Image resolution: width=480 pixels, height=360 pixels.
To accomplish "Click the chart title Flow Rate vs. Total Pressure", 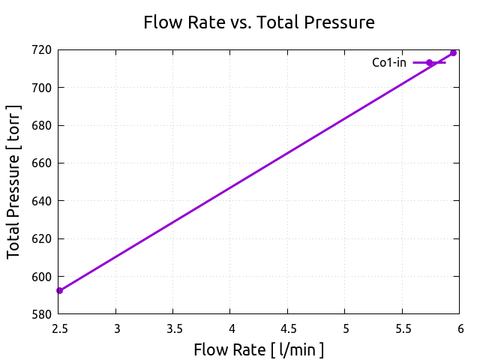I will coord(259,22).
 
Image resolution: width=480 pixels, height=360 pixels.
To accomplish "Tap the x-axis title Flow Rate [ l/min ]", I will coord(259,349).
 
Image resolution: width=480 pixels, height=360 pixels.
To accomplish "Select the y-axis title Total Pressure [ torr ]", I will coord(14,182).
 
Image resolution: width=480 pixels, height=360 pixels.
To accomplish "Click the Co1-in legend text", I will coord(389,62).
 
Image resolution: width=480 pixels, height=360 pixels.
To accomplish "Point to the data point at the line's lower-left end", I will coord(59,290).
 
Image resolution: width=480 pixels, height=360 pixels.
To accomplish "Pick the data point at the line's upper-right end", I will coord(453,52).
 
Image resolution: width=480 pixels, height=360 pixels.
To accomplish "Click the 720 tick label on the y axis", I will coord(42,50).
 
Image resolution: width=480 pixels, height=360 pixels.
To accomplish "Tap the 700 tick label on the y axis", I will coord(42,88).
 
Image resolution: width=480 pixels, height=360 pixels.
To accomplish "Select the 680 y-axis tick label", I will coord(42,125).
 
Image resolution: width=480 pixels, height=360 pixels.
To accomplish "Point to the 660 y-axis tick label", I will coord(42,163).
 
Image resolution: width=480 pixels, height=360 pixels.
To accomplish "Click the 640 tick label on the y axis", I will coord(42,201).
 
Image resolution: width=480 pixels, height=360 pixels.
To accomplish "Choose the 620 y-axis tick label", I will coord(42,238).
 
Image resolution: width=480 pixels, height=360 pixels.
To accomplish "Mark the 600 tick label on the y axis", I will coord(42,277).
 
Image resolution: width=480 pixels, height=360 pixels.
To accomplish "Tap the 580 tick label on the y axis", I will coord(42,314).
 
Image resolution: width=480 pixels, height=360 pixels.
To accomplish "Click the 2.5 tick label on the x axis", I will coord(59,328).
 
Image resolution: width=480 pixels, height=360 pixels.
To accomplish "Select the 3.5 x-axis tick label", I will coord(173,328).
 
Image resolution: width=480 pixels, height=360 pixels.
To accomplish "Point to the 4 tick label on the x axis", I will coord(230,328).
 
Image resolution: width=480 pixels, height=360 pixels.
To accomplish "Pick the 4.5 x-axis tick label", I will coord(287,328).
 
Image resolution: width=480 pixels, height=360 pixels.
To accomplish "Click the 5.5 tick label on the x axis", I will coord(402,328).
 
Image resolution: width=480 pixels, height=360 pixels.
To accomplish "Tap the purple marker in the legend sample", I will coord(430,62).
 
